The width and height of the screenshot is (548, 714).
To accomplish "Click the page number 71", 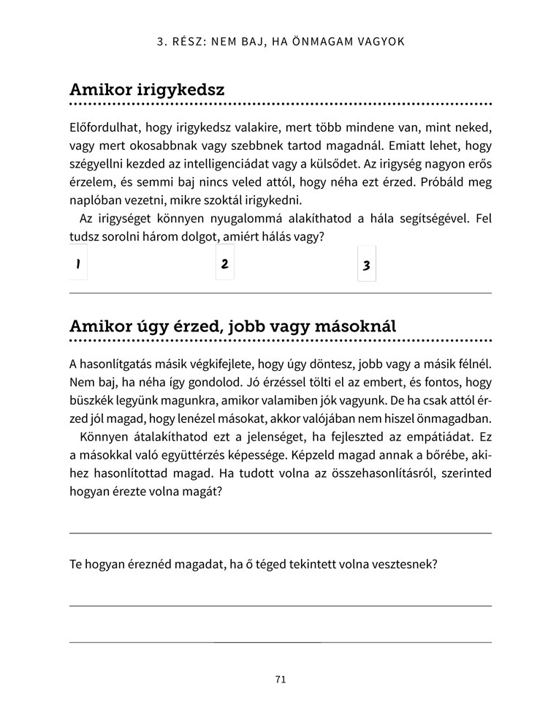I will click(x=281, y=680).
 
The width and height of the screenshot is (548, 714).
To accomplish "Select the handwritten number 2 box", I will click(x=224, y=263).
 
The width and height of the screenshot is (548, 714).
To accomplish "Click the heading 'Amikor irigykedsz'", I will click(x=146, y=90).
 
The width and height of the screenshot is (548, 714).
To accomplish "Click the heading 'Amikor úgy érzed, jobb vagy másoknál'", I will click(x=232, y=326).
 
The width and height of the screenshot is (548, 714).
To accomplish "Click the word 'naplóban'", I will click(x=94, y=200).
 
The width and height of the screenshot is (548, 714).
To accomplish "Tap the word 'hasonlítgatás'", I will click(x=117, y=364).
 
